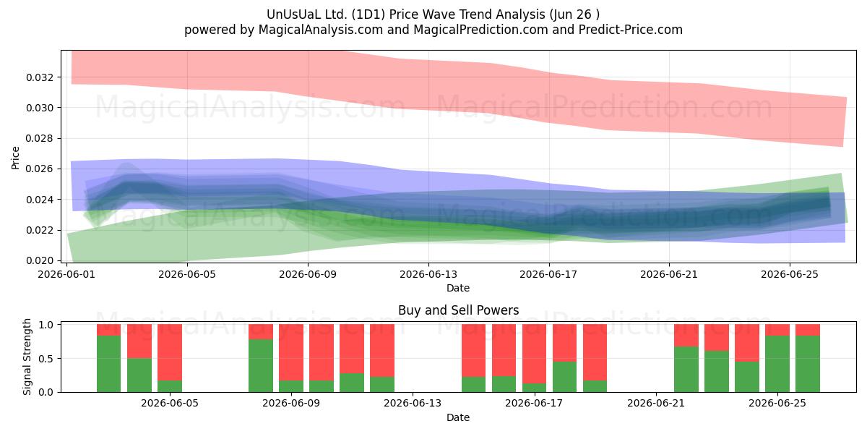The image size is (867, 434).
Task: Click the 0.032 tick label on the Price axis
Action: pos(40,77)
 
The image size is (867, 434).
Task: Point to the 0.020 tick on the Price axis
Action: pos(40,260)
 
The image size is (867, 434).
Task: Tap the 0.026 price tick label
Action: pos(40,169)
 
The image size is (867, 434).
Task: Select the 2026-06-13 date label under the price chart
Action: pos(428,274)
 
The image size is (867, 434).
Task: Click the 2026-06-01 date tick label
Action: pos(66,274)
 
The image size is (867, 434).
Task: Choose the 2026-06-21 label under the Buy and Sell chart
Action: pos(656,403)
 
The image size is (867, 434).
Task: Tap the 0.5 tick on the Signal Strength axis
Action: pos(46,359)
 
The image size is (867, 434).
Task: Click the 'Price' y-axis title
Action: pos(15,158)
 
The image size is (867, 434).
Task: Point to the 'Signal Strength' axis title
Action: pos(27,357)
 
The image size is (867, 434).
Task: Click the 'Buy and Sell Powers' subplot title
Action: pos(458,310)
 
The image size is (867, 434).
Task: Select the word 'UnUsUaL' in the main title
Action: pos(288,14)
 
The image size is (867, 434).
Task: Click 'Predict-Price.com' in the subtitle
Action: pos(631,30)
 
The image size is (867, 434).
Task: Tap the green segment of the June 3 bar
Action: pos(109,364)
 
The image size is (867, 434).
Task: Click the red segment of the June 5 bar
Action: pos(170,352)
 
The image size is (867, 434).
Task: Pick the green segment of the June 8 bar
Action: pos(261,365)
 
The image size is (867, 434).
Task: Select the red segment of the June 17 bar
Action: pos(534,354)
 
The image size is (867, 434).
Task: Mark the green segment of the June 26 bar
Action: pos(808,364)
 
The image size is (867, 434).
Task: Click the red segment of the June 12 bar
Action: pos(382,350)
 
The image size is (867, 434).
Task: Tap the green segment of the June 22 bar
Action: pos(686,370)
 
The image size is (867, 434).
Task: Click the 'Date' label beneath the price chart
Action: pos(458,288)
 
